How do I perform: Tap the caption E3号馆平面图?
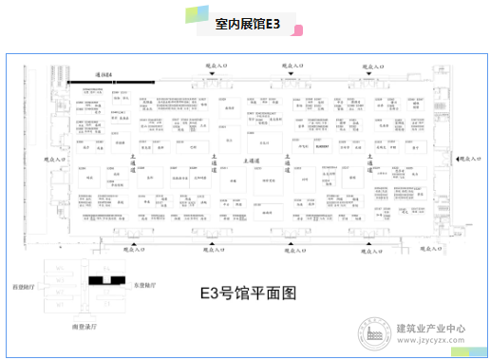(x=246, y=293)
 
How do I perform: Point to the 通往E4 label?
(x=104, y=74)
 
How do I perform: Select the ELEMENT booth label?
(x=321, y=146)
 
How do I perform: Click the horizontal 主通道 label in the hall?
(x=253, y=161)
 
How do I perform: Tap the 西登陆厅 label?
(x=20, y=284)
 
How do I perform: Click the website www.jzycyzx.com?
(x=429, y=339)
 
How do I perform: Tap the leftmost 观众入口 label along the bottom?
(x=137, y=252)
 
